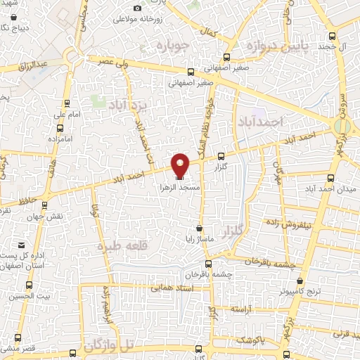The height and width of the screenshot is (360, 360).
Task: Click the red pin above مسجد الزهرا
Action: point(181,164)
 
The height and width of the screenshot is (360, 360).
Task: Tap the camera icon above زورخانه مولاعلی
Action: point(137,8)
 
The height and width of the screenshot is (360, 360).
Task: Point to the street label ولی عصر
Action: point(96,63)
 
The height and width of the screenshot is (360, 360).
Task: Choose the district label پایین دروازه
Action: point(276,46)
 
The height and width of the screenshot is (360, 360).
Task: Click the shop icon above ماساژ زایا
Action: point(200,228)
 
